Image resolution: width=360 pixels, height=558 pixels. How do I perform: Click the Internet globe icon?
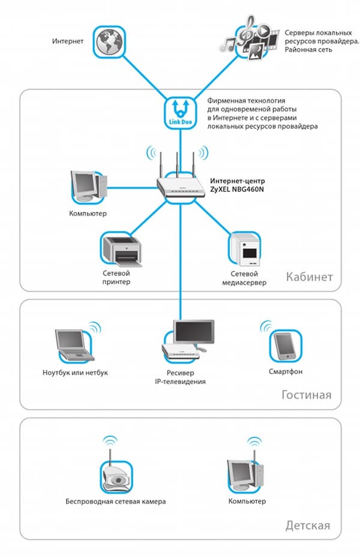tap(109, 41)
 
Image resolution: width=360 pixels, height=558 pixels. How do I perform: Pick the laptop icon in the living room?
tap(71, 344)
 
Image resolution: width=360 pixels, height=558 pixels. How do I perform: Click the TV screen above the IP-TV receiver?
tap(193, 332)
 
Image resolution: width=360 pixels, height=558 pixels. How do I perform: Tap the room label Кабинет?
tap(309, 277)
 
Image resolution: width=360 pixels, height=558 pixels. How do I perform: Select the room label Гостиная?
tap(306, 395)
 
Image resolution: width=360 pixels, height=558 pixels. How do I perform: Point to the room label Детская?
tap(308, 526)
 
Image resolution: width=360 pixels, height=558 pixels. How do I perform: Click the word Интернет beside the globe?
tap(68, 41)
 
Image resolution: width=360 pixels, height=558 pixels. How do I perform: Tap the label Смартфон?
tap(286, 372)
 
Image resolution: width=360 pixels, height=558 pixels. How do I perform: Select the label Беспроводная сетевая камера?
tap(116, 501)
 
